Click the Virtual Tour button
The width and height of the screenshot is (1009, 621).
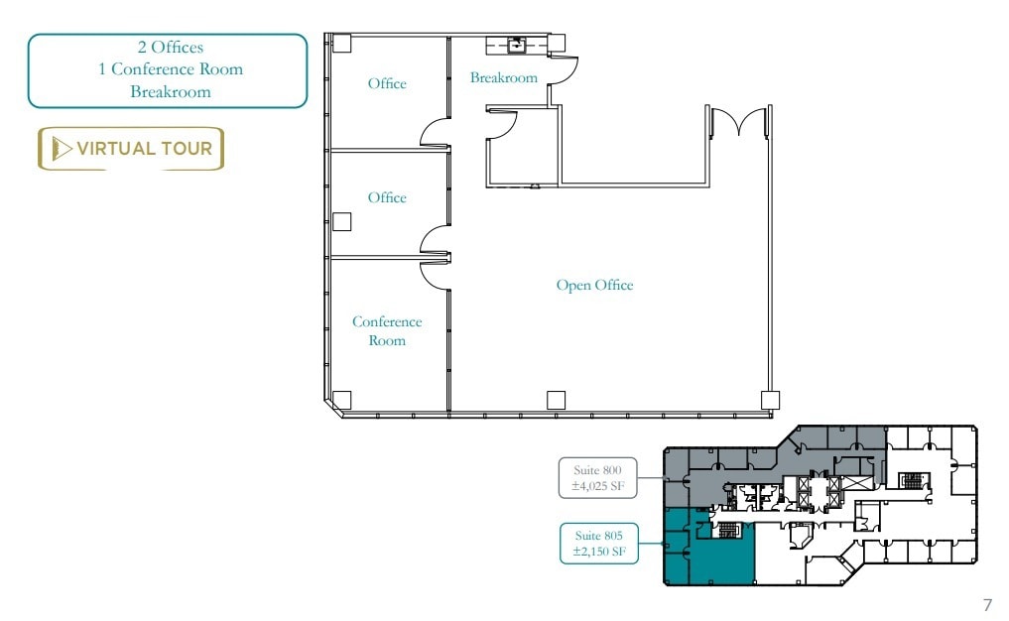[131, 149]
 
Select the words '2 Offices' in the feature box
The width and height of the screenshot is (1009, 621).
[171, 48]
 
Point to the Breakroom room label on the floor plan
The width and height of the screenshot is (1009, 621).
[504, 77]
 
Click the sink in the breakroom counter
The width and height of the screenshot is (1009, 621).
[517, 45]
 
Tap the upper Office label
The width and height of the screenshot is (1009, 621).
[387, 84]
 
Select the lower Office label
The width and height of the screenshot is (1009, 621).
[387, 197]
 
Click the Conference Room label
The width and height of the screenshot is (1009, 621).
[387, 330]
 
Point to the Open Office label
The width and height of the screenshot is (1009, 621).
[594, 286]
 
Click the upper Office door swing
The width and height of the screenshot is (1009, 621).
[435, 133]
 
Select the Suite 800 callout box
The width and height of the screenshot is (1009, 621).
[599, 477]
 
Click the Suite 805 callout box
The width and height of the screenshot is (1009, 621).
[599, 543]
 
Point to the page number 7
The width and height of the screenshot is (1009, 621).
[986, 604]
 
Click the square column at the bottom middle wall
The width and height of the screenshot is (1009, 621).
[556, 400]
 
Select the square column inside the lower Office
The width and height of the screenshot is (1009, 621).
[342, 221]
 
